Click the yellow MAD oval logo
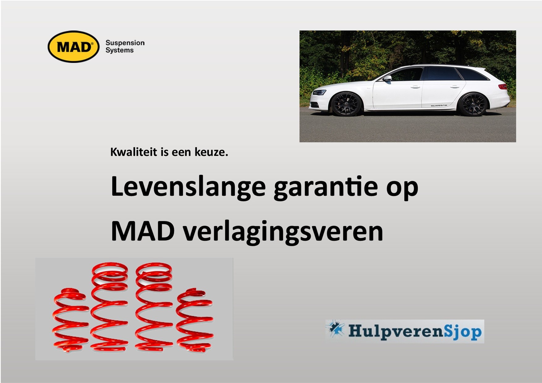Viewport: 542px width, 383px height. [x=74, y=47]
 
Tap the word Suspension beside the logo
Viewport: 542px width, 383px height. [x=125, y=43]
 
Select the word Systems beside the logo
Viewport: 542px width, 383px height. [x=120, y=50]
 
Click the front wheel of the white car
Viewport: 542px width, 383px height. [x=346, y=104]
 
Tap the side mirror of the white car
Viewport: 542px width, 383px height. [x=387, y=78]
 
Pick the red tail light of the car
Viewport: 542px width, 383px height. [x=503, y=86]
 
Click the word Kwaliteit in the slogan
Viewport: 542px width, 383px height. [x=134, y=152]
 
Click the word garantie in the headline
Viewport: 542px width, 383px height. [x=326, y=187]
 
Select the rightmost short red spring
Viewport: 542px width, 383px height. [x=195, y=321]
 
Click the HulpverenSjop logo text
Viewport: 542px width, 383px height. [x=415, y=331]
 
